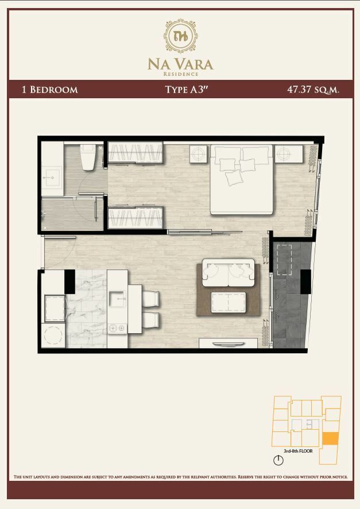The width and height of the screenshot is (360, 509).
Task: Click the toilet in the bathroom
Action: [88, 157]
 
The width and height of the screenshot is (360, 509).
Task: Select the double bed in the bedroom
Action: [242, 179]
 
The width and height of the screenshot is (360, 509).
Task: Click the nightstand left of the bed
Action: [198, 153]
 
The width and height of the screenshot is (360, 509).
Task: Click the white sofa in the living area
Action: [229, 273]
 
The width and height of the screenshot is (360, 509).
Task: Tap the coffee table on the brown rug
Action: [229, 302]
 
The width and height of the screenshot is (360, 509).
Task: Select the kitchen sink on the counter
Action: [117, 299]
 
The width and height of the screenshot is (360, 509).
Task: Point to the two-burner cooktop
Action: [117, 329]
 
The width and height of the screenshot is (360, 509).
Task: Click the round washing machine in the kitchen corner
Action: [53, 335]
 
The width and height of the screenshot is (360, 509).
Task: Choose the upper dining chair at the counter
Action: [151, 299]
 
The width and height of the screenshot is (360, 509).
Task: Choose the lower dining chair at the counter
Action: [151, 321]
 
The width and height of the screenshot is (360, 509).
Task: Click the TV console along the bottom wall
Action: [229, 343]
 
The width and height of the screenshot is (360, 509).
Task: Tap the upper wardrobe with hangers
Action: [136, 152]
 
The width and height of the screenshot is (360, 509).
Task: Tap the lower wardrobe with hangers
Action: [136, 218]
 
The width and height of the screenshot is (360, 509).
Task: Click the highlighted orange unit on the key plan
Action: [331, 439]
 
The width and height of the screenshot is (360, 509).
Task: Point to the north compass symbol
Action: [278, 460]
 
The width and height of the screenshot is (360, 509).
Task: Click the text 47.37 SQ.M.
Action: [313, 90]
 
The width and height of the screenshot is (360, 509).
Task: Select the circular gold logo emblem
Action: [181, 36]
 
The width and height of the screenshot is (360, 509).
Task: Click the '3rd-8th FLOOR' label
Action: [298, 451]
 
